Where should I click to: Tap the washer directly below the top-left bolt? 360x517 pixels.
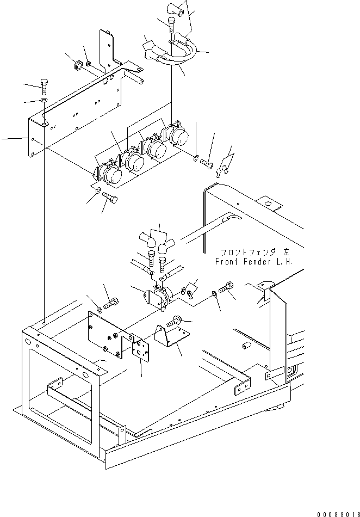[x=44, y=101]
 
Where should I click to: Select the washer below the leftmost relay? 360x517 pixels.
[x=97, y=190]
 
